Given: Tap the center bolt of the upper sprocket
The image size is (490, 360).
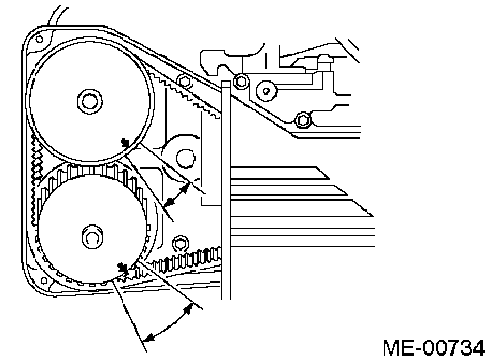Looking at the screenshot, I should pyautogui.click(x=89, y=101).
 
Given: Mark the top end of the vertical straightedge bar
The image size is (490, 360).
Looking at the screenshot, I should pyautogui.click(x=225, y=84).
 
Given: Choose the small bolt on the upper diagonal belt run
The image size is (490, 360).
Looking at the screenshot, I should pyautogui.click(x=183, y=80).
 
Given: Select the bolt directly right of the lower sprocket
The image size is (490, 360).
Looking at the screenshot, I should pyautogui.click(x=181, y=242).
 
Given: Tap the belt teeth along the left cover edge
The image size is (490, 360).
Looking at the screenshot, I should pyautogui.click(x=35, y=175).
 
